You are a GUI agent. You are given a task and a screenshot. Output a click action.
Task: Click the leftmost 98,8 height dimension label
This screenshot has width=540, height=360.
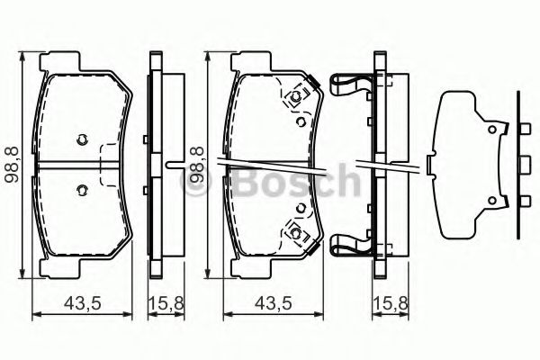click(12, 165)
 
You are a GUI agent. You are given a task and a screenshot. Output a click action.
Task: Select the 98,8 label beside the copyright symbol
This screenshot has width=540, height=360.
click(197, 165)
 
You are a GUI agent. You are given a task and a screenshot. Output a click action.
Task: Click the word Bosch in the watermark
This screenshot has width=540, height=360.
click(296, 179)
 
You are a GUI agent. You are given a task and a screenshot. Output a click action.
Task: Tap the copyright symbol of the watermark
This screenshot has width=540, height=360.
click(196, 181)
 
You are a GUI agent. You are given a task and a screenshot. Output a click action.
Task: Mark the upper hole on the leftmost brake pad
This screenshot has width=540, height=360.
click(82, 139)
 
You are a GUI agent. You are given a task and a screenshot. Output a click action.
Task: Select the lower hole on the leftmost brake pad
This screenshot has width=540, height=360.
click(82, 190)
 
